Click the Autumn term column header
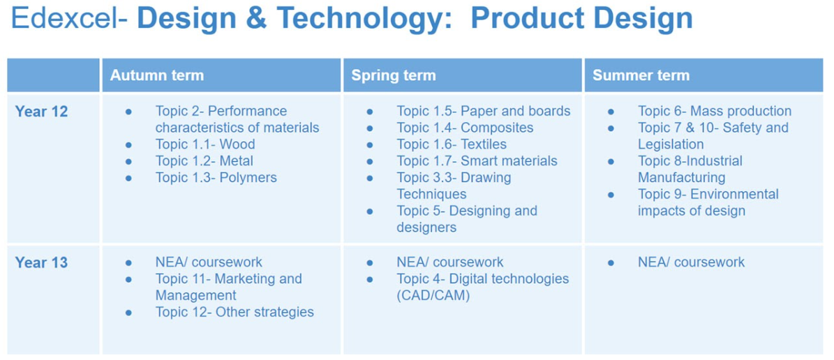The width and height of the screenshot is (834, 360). pyautogui.click(x=157, y=75)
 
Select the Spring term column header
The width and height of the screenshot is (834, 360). pyautogui.click(x=394, y=75)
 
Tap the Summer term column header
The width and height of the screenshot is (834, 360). pyautogui.click(x=641, y=75)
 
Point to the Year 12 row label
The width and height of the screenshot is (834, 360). pyautogui.click(x=41, y=112)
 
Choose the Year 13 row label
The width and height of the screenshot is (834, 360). pyautogui.click(x=41, y=263)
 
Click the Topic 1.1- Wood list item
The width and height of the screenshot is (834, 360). pyautogui.click(x=205, y=144)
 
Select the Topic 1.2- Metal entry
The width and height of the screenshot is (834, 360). pyautogui.click(x=204, y=160)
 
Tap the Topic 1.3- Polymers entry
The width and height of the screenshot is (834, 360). pyautogui.click(x=216, y=177)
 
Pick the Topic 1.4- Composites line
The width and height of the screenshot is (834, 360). pyautogui.click(x=465, y=128)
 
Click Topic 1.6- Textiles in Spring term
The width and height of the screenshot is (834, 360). pyautogui.click(x=452, y=144)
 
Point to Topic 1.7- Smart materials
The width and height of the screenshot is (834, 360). pyautogui.click(x=477, y=160)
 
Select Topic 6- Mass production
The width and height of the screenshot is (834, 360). pyautogui.click(x=715, y=111)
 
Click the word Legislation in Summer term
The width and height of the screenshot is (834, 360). pyautogui.click(x=671, y=144)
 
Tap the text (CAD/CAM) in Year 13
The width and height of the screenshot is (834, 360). pyautogui.click(x=433, y=296)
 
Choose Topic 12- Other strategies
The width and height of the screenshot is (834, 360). pyautogui.click(x=234, y=312)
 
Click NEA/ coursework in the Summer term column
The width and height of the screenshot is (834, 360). pyautogui.click(x=692, y=262)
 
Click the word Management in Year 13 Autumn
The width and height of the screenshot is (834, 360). pyautogui.click(x=195, y=295)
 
